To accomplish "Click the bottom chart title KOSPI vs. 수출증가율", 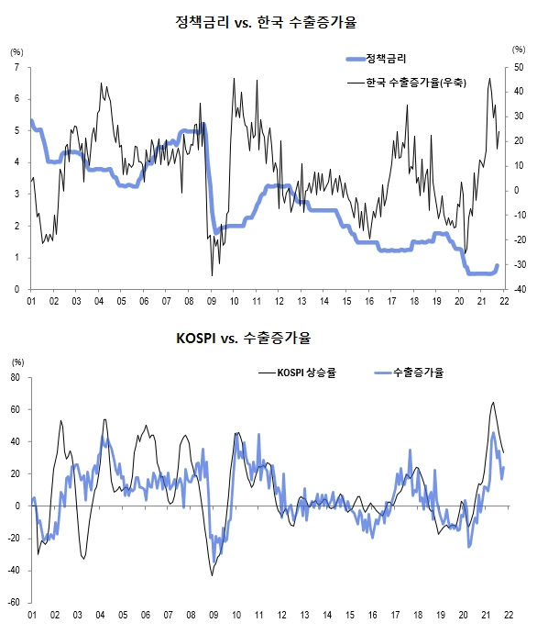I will click(x=243, y=339).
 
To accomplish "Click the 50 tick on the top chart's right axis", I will click(x=518, y=68).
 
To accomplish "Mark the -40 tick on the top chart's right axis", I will click(x=518, y=289).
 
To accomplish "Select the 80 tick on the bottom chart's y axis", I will click(x=16, y=377).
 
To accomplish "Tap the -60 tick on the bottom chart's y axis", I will click(x=15, y=603).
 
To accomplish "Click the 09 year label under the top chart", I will click(x=212, y=301).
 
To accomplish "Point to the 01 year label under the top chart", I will click(x=31, y=301).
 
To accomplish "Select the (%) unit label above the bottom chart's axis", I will click(x=16, y=361).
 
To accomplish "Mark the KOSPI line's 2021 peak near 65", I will click(x=493, y=402).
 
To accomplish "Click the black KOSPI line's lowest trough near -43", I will click(x=213, y=575).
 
